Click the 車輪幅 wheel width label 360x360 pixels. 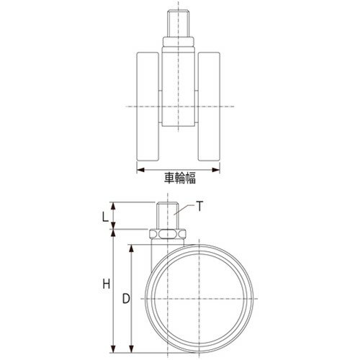click(x=180, y=178)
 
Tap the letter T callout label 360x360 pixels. click(x=199, y=207)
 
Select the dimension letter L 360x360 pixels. click(x=105, y=217)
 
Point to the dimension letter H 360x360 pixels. click(x=107, y=284)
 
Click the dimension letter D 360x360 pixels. click(x=126, y=299)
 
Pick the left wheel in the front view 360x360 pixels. click(x=148, y=107)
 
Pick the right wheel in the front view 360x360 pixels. click(x=209, y=107)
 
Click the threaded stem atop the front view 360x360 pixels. click(x=178, y=23)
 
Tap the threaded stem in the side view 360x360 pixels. click(x=168, y=216)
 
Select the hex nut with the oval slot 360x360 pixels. click(x=168, y=234)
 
